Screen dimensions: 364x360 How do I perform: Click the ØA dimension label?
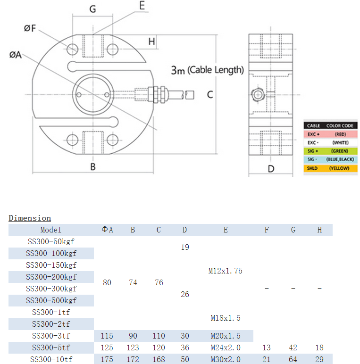16,55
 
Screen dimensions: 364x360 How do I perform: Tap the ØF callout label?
30,28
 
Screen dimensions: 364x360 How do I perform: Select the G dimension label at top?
92,9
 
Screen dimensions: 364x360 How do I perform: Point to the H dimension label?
151,41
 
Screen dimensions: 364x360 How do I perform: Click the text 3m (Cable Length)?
207,70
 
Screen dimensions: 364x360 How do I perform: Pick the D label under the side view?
271,169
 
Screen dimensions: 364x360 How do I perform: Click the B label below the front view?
93,166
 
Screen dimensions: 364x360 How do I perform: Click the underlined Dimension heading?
30,218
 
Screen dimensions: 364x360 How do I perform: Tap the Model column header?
51,230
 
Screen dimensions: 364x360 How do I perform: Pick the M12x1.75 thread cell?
225,271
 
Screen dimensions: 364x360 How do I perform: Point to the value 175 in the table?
107,359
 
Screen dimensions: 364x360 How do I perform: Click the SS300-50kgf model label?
51,241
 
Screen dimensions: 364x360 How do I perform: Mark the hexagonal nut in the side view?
258,94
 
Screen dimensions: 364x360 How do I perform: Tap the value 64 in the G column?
293,359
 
